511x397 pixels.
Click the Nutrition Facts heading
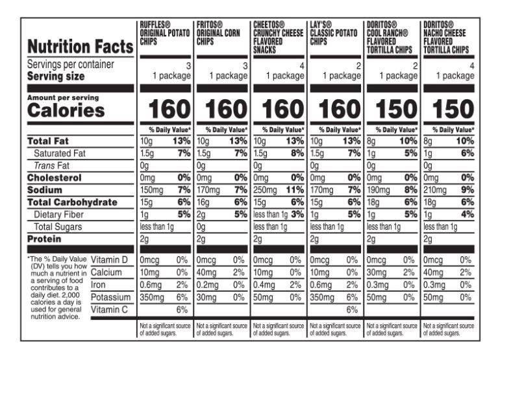(80, 47)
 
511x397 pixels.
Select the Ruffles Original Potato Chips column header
(164, 33)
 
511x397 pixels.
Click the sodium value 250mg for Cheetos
(264, 190)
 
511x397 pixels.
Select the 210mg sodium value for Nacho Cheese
(435, 190)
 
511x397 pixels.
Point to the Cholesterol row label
(54, 178)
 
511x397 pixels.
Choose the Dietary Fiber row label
(60, 215)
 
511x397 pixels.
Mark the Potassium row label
(112, 297)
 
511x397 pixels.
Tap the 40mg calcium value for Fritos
(207, 272)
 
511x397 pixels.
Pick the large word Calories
(66, 110)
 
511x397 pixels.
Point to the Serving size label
(56, 77)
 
